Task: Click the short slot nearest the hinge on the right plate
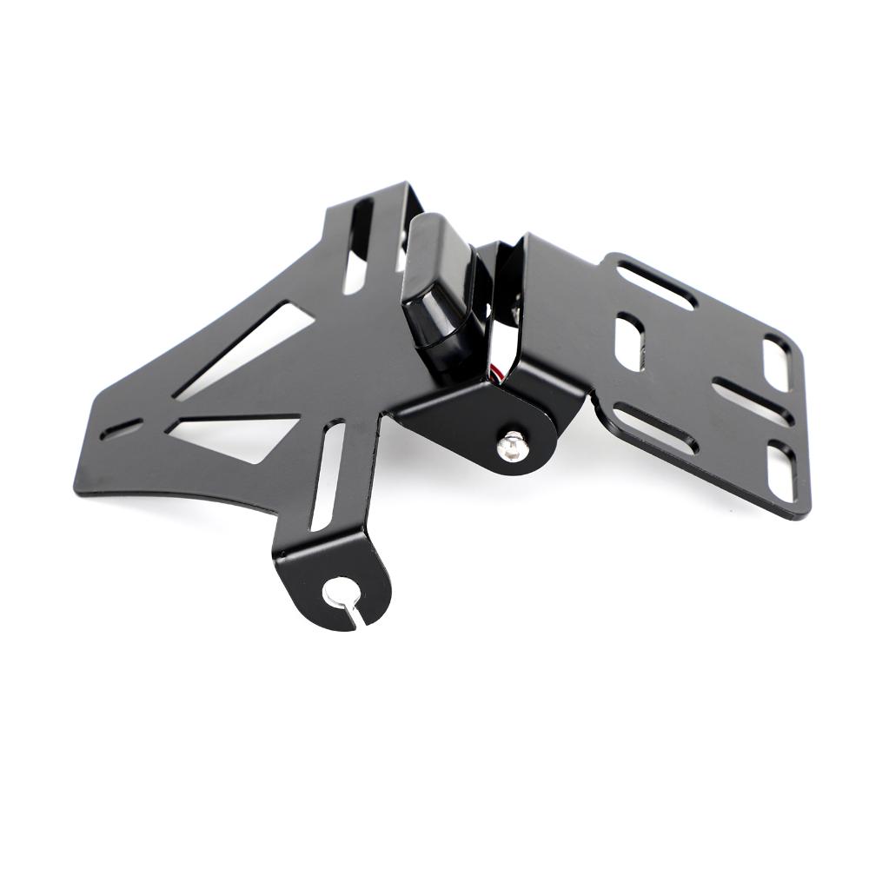630,341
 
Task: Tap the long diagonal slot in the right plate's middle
752,399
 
